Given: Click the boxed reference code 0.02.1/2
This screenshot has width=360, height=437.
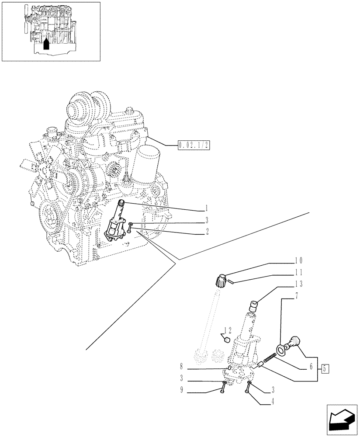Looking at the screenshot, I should click(194, 145).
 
